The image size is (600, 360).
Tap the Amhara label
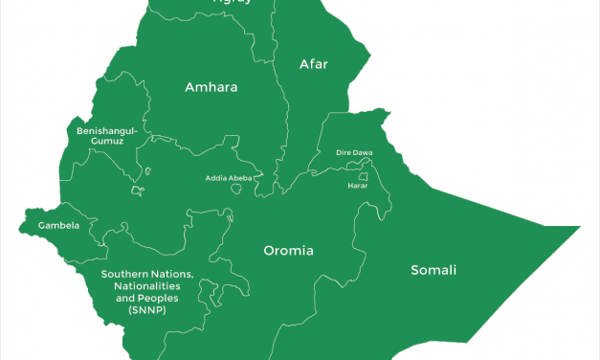point(211,87)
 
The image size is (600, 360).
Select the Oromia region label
point(289,251)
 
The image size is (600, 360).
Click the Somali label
point(433,269)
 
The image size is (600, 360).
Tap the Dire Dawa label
point(354,153)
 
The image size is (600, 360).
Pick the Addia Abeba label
point(231,178)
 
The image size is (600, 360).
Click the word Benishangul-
point(108,129)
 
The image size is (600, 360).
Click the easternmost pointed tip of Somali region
point(580,228)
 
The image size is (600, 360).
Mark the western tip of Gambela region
point(19,228)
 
